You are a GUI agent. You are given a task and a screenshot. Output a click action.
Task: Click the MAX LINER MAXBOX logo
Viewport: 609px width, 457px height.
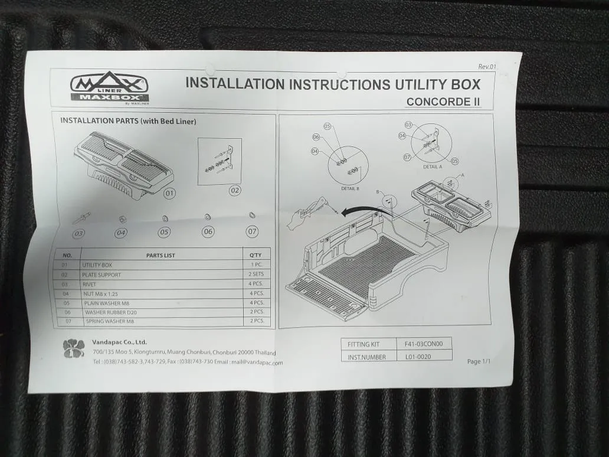(x=109, y=88)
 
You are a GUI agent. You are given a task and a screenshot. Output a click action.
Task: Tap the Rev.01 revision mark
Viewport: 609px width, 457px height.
(x=487, y=67)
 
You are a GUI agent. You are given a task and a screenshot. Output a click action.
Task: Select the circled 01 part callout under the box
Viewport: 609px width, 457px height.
(x=170, y=192)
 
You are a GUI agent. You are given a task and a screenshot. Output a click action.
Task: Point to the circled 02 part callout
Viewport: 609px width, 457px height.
(x=235, y=190)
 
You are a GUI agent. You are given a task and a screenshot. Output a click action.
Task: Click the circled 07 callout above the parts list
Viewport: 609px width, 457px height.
(x=252, y=231)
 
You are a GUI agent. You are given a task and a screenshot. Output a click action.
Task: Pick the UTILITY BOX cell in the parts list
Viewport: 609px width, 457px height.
(x=97, y=265)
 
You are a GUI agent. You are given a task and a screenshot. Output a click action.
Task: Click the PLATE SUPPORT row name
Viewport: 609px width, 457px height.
(x=102, y=275)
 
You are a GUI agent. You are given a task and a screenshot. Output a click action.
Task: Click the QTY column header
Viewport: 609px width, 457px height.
(x=256, y=255)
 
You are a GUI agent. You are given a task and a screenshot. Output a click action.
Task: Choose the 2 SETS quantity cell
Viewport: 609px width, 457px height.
(x=256, y=275)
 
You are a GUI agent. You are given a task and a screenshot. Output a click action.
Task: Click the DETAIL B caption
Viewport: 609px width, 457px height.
(x=350, y=188)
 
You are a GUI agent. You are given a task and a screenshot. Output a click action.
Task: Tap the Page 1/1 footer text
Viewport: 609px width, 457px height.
(x=479, y=361)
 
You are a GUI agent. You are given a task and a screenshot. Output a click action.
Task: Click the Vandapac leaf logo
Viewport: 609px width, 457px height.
(x=74, y=348)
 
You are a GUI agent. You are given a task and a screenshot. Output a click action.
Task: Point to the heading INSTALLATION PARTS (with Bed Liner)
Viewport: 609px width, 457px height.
(x=128, y=121)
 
